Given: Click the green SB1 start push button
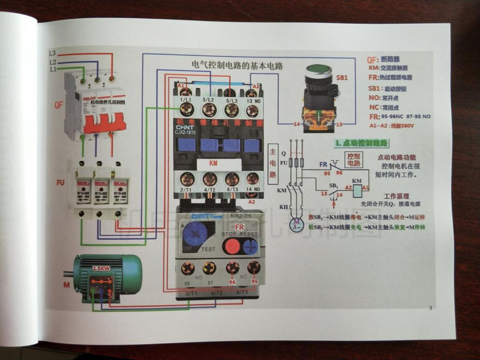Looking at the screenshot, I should coord(319,71).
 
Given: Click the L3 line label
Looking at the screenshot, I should coord(52,53).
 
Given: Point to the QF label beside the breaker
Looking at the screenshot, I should coord(58,105).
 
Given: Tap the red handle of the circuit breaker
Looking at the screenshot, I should coord(104,123).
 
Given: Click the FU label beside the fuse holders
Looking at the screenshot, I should coord(60,182).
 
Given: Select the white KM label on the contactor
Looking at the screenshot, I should coord(213,164).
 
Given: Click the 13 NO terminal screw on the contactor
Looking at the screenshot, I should coord(252,111).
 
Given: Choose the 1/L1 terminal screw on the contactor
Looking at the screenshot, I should coord(187,110).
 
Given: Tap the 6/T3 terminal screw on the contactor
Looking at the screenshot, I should coord(232,179).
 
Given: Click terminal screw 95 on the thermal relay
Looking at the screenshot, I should coord(254,268).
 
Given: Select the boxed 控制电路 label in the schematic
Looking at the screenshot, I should coord(353,159).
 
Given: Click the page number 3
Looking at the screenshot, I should coord(430,308).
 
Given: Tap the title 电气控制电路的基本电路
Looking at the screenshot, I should coord(238,65).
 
